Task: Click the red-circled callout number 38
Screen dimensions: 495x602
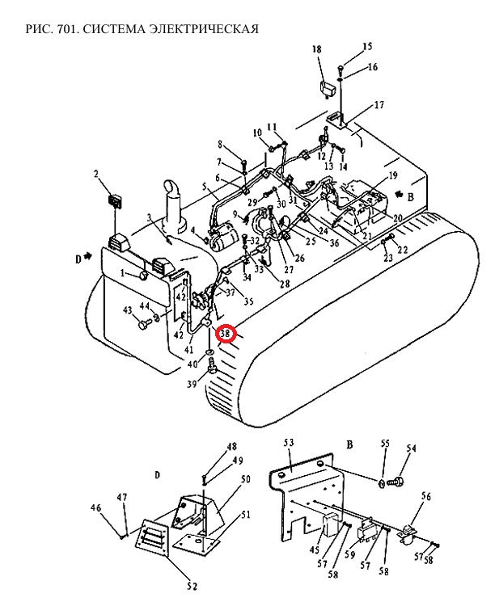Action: [225, 333]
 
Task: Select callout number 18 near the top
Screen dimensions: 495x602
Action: [317, 49]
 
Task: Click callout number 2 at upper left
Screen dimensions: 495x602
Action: [96, 174]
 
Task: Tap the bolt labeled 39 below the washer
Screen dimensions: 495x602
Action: [212, 365]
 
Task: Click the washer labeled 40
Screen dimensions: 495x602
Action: [209, 352]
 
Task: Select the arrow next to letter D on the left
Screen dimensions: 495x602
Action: [88, 255]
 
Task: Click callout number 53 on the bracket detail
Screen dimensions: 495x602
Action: [289, 443]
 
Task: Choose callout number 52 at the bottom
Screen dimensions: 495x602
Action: [192, 587]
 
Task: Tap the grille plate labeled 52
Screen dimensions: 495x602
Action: [152, 537]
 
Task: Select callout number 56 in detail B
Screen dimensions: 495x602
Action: [426, 496]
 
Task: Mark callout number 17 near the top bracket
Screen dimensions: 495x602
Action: [379, 104]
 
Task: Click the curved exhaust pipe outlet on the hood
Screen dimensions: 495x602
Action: [172, 187]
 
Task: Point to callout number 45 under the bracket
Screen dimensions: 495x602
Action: [315, 549]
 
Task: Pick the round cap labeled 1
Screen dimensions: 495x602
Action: [143, 275]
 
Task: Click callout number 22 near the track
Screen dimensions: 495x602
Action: [402, 250]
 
